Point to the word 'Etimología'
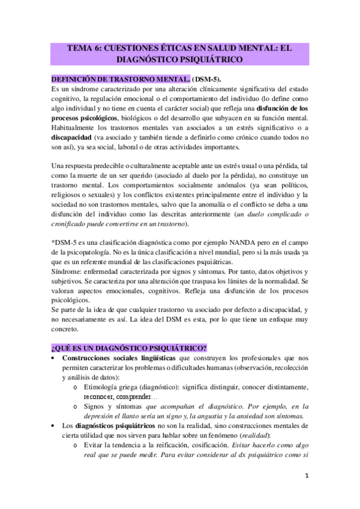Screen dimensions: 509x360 [x=108, y=387]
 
